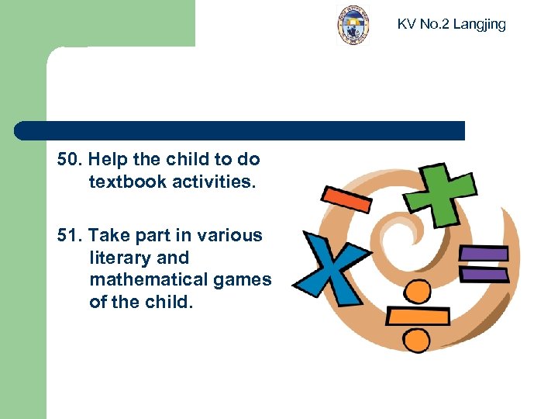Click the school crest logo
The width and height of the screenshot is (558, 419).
(353, 25)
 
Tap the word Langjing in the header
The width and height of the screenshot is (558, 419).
(479, 24)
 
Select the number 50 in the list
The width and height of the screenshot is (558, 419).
(67, 160)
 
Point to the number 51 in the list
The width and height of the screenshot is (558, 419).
(67, 235)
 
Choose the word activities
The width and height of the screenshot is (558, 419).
(212, 182)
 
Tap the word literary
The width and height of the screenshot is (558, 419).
(116, 257)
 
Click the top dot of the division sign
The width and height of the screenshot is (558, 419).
(417, 292)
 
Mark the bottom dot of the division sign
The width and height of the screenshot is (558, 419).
(417, 340)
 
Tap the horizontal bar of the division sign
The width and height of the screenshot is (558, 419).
(418, 317)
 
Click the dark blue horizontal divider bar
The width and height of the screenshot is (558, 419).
(240, 130)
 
